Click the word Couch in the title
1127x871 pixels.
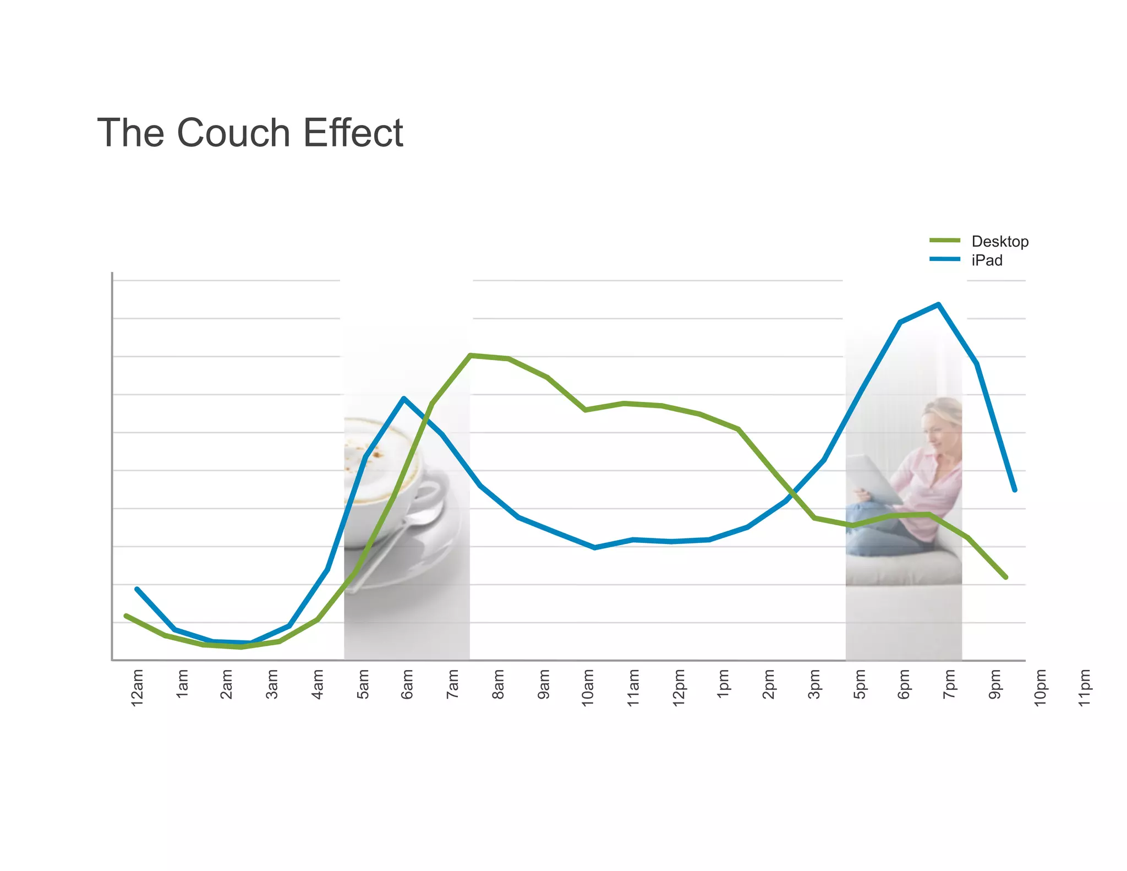point(233,133)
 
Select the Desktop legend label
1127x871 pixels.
point(999,242)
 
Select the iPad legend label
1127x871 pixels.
point(987,260)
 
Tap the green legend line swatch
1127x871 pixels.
point(944,241)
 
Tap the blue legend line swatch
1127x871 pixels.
point(944,259)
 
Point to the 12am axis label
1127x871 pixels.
point(137,687)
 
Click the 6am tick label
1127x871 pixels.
point(407,684)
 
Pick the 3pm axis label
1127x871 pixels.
point(814,684)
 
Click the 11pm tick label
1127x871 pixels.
point(1084,687)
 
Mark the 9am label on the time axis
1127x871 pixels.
point(544,684)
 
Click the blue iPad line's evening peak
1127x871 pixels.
point(938,304)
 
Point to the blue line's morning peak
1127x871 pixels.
point(404,398)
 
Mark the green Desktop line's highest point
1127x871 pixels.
point(470,355)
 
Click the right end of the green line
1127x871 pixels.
point(1006,577)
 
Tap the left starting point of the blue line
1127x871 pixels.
point(136,589)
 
